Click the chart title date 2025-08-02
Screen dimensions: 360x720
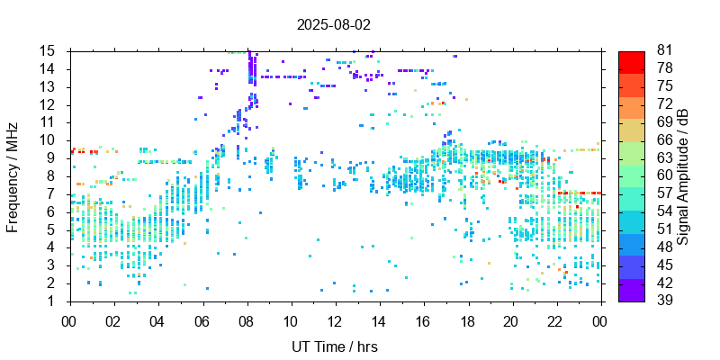point(333,24)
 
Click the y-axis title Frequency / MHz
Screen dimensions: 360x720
point(13,176)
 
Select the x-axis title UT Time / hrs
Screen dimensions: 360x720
point(334,346)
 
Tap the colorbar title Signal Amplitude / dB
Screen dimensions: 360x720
point(684,176)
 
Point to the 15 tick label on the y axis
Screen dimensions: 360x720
point(50,50)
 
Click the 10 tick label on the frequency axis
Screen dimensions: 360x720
point(50,139)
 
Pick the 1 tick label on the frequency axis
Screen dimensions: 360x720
point(55,301)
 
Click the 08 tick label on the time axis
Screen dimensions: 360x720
point(246,321)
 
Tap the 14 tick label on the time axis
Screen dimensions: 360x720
point(378,321)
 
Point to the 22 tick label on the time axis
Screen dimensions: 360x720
point(555,321)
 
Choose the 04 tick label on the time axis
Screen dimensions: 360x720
point(157,321)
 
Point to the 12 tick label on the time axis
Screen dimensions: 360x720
point(334,321)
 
